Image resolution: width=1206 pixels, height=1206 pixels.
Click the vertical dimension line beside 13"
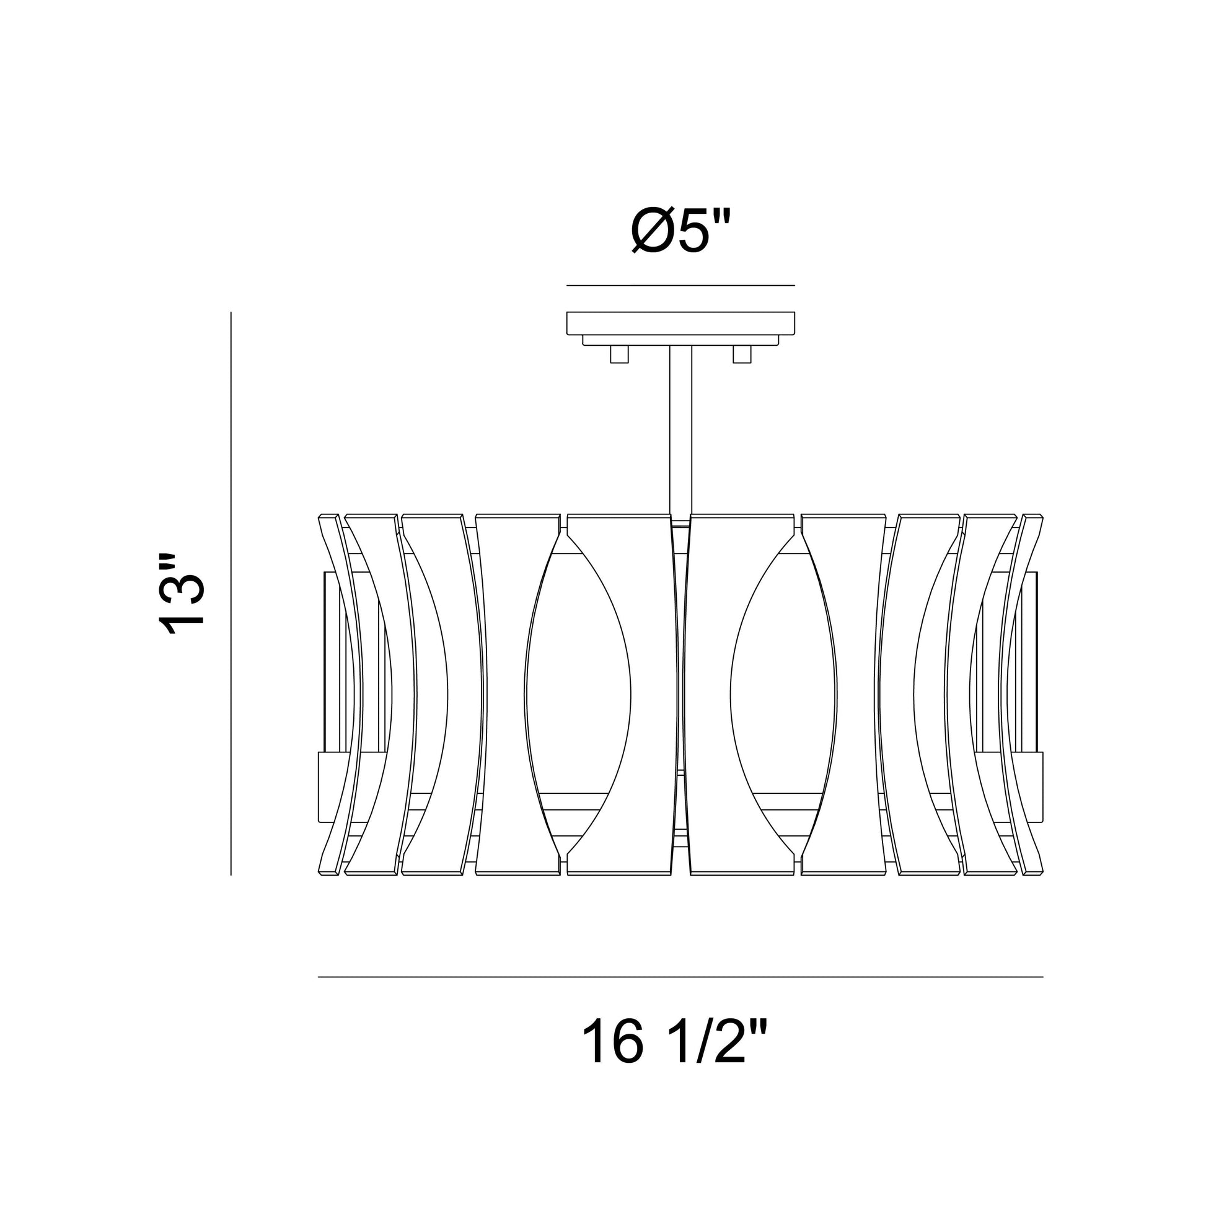pyautogui.click(x=231, y=593)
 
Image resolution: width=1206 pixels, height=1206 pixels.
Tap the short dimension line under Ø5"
pyautogui.click(x=680, y=285)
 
